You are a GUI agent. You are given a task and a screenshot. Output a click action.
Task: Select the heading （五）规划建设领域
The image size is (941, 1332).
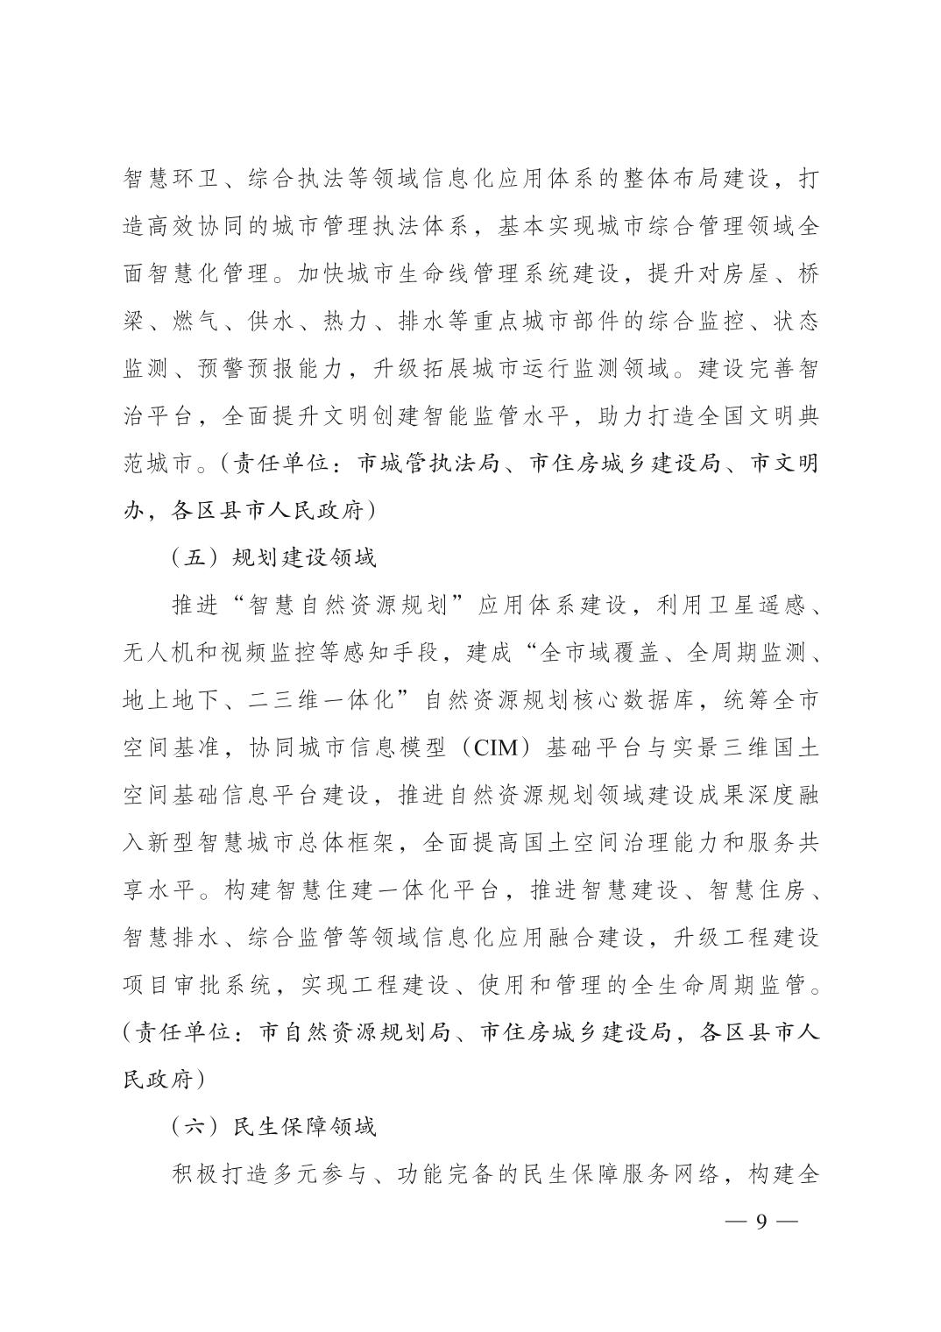click(273, 557)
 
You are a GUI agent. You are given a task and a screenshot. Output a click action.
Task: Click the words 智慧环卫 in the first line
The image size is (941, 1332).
click(166, 178)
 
